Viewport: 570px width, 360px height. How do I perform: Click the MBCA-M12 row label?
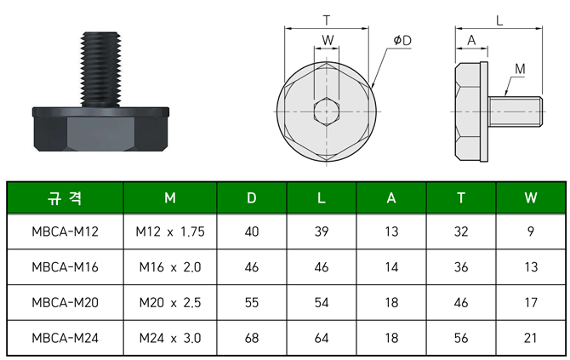(x=65, y=231)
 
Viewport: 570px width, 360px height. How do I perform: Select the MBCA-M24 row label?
(x=65, y=338)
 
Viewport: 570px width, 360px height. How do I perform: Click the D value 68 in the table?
(x=252, y=338)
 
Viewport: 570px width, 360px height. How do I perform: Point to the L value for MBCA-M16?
(x=321, y=266)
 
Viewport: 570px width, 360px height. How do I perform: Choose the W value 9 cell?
(x=531, y=231)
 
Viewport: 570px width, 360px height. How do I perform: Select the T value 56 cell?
(x=461, y=338)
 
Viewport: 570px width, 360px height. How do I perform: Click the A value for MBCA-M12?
(x=391, y=231)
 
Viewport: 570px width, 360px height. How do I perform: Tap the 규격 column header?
(x=65, y=197)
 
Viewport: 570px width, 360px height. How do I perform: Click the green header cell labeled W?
(x=531, y=197)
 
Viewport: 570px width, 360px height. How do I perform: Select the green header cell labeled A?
(x=391, y=197)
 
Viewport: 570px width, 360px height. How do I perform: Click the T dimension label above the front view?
(x=328, y=19)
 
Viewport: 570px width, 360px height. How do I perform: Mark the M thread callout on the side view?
(x=520, y=68)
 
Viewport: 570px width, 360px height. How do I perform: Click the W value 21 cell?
(x=531, y=338)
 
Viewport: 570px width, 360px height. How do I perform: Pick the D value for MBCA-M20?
(x=252, y=302)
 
